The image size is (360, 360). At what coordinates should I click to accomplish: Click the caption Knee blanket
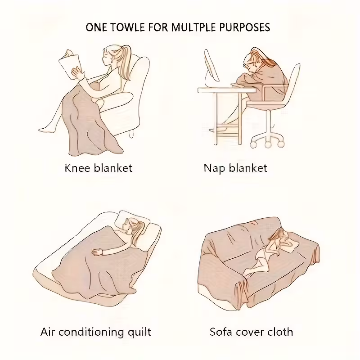click(x=99, y=168)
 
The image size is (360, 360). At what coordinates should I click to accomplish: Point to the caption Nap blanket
click(x=235, y=168)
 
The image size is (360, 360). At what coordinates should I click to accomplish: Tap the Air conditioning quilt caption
click(x=96, y=332)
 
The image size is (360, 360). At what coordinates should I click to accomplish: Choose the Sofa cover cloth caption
click(x=251, y=332)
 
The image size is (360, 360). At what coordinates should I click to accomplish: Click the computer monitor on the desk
click(x=211, y=67)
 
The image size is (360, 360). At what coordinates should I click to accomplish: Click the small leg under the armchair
click(x=131, y=134)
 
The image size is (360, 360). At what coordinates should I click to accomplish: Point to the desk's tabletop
click(x=227, y=90)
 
